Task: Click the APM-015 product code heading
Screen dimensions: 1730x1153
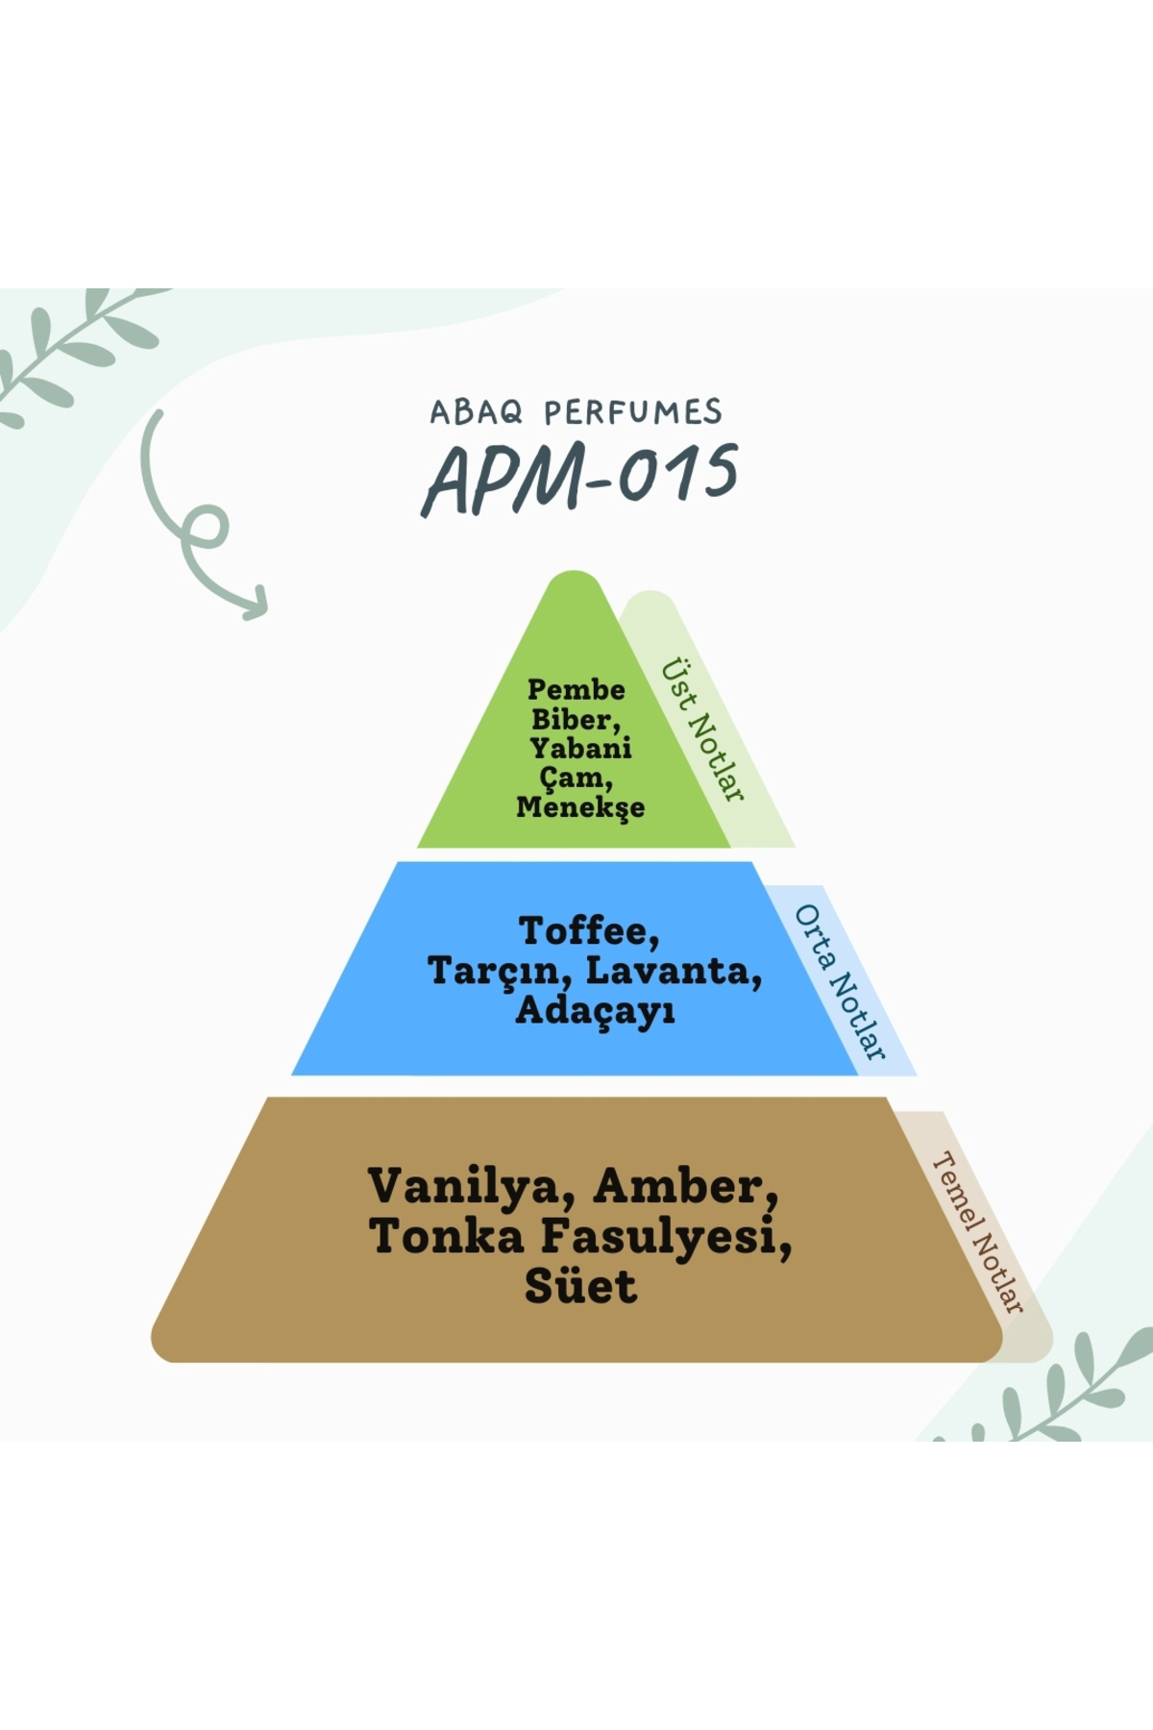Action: coord(580,478)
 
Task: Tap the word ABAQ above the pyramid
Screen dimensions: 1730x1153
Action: coord(476,412)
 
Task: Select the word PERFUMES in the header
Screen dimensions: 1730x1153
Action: coord(632,412)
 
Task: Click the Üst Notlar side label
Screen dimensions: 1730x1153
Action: coord(702,729)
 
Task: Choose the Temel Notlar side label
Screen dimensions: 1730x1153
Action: coord(977,1231)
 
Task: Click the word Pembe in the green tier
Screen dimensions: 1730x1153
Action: coord(576,690)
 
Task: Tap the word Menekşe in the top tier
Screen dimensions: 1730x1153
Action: coord(580,806)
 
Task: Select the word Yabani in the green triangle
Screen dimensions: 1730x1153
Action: coord(580,748)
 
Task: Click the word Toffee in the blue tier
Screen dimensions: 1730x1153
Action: coord(588,930)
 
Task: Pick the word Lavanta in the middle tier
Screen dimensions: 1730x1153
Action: coord(673,971)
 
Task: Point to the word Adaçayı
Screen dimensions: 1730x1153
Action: coord(595,1010)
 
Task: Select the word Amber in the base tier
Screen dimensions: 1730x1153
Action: coord(685,1187)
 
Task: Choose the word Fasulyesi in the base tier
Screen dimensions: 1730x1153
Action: coord(665,1236)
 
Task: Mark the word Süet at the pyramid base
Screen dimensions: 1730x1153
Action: coord(580,1286)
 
